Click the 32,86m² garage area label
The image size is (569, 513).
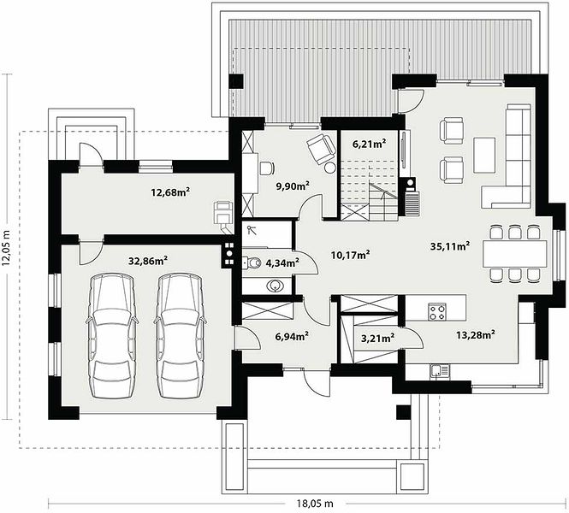(148, 260)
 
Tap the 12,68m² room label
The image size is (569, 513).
(171, 192)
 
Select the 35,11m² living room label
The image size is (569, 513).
(450, 246)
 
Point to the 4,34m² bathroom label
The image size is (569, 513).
(282, 262)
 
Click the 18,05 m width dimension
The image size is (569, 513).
(315, 504)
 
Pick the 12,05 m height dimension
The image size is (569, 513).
(6, 248)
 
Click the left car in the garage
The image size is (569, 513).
(111, 336)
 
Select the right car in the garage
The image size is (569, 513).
(180, 336)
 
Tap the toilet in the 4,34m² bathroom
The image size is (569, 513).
(252, 262)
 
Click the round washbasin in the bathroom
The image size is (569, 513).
(276, 286)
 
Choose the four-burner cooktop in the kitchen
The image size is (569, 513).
(437, 312)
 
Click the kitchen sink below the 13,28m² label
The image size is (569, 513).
(440, 371)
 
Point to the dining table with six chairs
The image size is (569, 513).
(514, 254)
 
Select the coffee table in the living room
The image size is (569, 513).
(484, 155)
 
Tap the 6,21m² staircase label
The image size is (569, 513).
(369, 144)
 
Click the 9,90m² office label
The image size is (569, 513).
(293, 186)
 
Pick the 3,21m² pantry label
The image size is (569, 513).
(377, 339)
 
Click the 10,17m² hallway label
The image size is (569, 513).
(351, 256)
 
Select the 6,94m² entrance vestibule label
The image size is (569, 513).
(292, 336)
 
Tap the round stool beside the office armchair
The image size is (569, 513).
(330, 168)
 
